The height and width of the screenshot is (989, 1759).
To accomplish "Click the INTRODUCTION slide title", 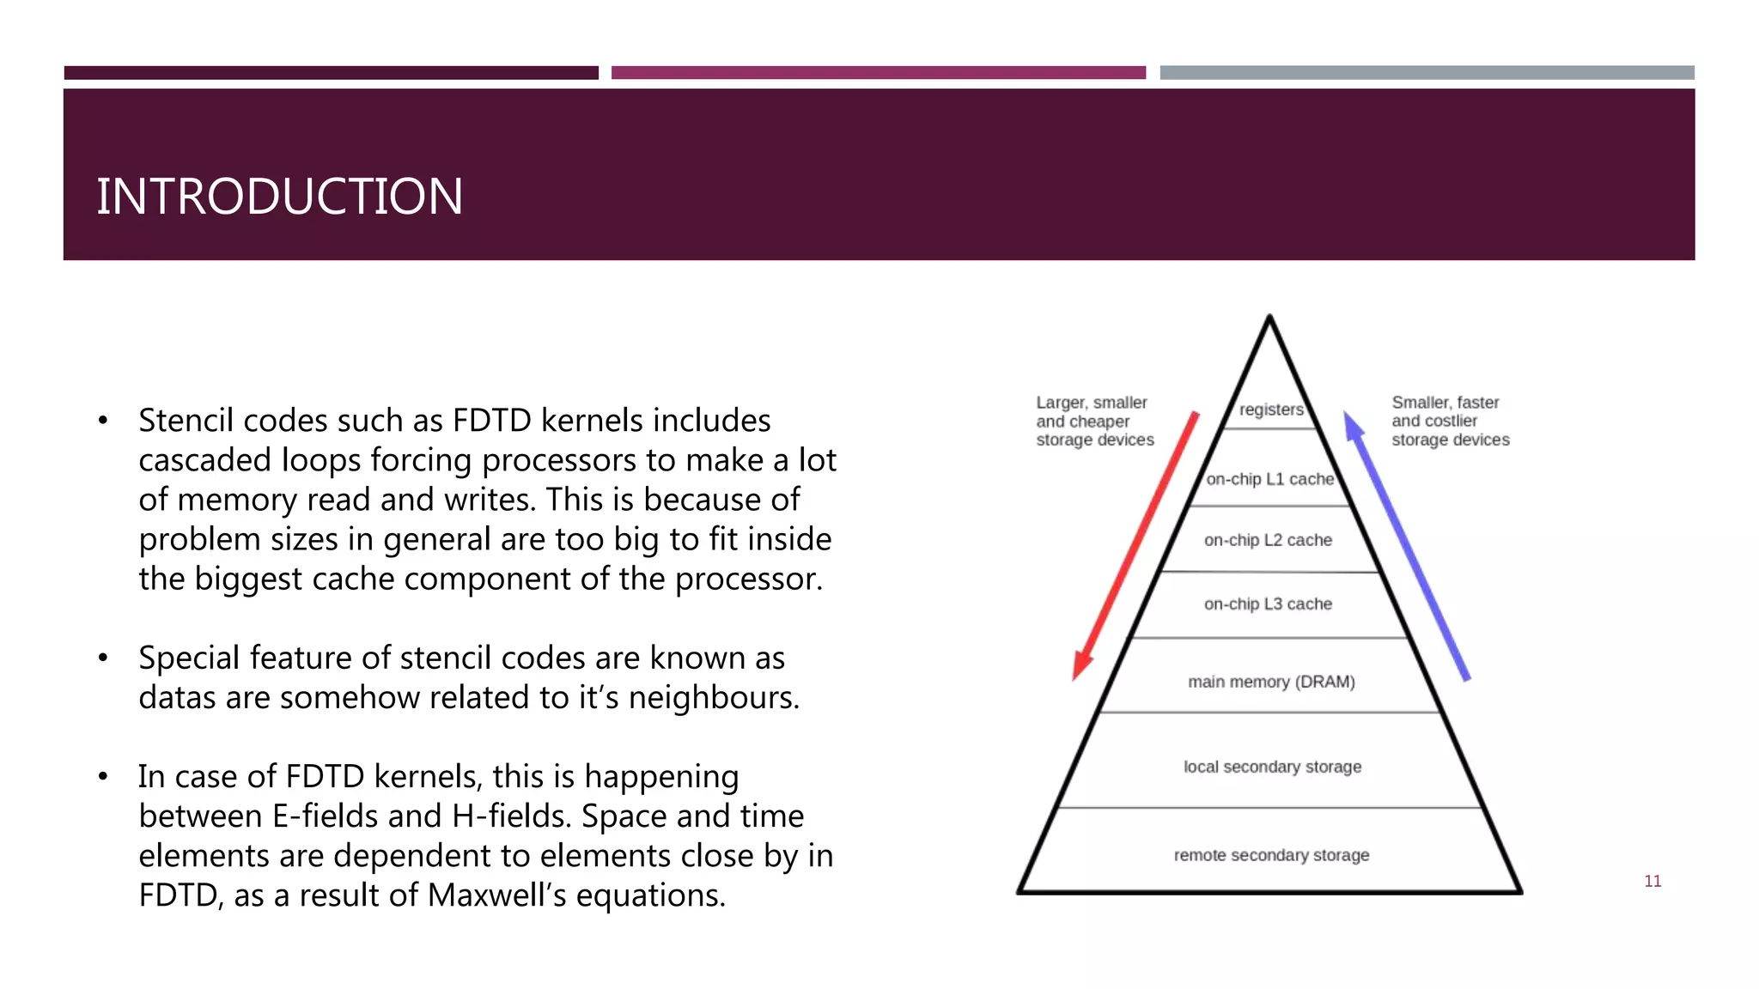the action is [x=279, y=197].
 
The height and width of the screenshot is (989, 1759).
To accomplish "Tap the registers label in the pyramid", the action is [x=1271, y=410].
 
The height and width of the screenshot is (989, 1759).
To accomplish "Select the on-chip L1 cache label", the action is [x=1269, y=479].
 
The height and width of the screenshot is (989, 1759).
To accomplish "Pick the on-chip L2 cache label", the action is [x=1268, y=540].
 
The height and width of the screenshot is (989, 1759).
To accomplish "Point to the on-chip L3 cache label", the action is [x=1268, y=604].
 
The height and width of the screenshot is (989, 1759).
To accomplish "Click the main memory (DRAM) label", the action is [x=1271, y=682].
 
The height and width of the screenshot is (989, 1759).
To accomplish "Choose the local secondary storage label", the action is [x=1272, y=767].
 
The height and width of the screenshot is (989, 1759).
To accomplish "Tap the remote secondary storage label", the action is [x=1271, y=855].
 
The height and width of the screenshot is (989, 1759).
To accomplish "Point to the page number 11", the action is [x=1652, y=881].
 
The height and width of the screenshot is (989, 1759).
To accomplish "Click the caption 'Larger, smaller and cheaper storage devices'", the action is [x=1094, y=421].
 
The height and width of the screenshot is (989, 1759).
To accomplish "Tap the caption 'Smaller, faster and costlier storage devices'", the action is [x=1450, y=421].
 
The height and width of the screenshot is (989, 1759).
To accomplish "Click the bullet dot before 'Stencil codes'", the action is [x=103, y=421].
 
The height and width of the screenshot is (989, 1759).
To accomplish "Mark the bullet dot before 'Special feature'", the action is [x=103, y=658].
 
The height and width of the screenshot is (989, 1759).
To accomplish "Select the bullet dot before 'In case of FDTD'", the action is [x=103, y=777].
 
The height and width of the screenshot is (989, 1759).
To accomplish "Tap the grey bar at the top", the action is [x=1427, y=73].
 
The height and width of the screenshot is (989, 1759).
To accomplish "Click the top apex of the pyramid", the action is [x=1269, y=318].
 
